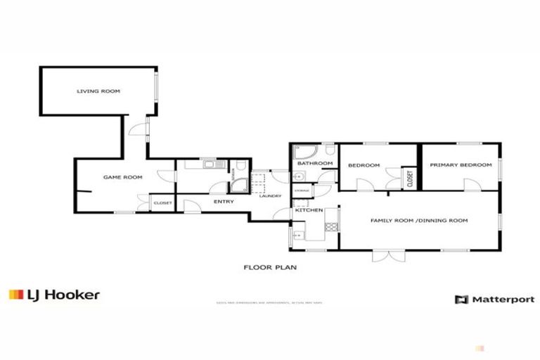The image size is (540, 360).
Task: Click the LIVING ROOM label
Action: click(x=98, y=91)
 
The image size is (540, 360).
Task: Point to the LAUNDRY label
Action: click(x=270, y=196)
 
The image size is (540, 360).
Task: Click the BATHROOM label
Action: click(x=314, y=164)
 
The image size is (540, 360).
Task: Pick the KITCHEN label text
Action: click(x=309, y=210)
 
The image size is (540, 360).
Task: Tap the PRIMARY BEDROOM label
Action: click(x=461, y=165)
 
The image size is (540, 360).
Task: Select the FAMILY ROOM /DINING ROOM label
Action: click(x=419, y=220)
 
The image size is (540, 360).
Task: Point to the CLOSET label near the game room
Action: click(x=162, y=203)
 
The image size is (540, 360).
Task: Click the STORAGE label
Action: click(x=302, y=191)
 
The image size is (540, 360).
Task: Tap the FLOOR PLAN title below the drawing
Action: click(x=271, y=267)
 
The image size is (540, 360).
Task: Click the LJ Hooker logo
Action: click(x=54, y=295)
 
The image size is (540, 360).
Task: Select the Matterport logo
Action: click(x=494, y=300)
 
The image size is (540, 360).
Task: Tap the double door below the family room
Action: click(x=383, y=255)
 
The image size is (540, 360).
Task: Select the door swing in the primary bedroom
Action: click(x=469, y=184)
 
